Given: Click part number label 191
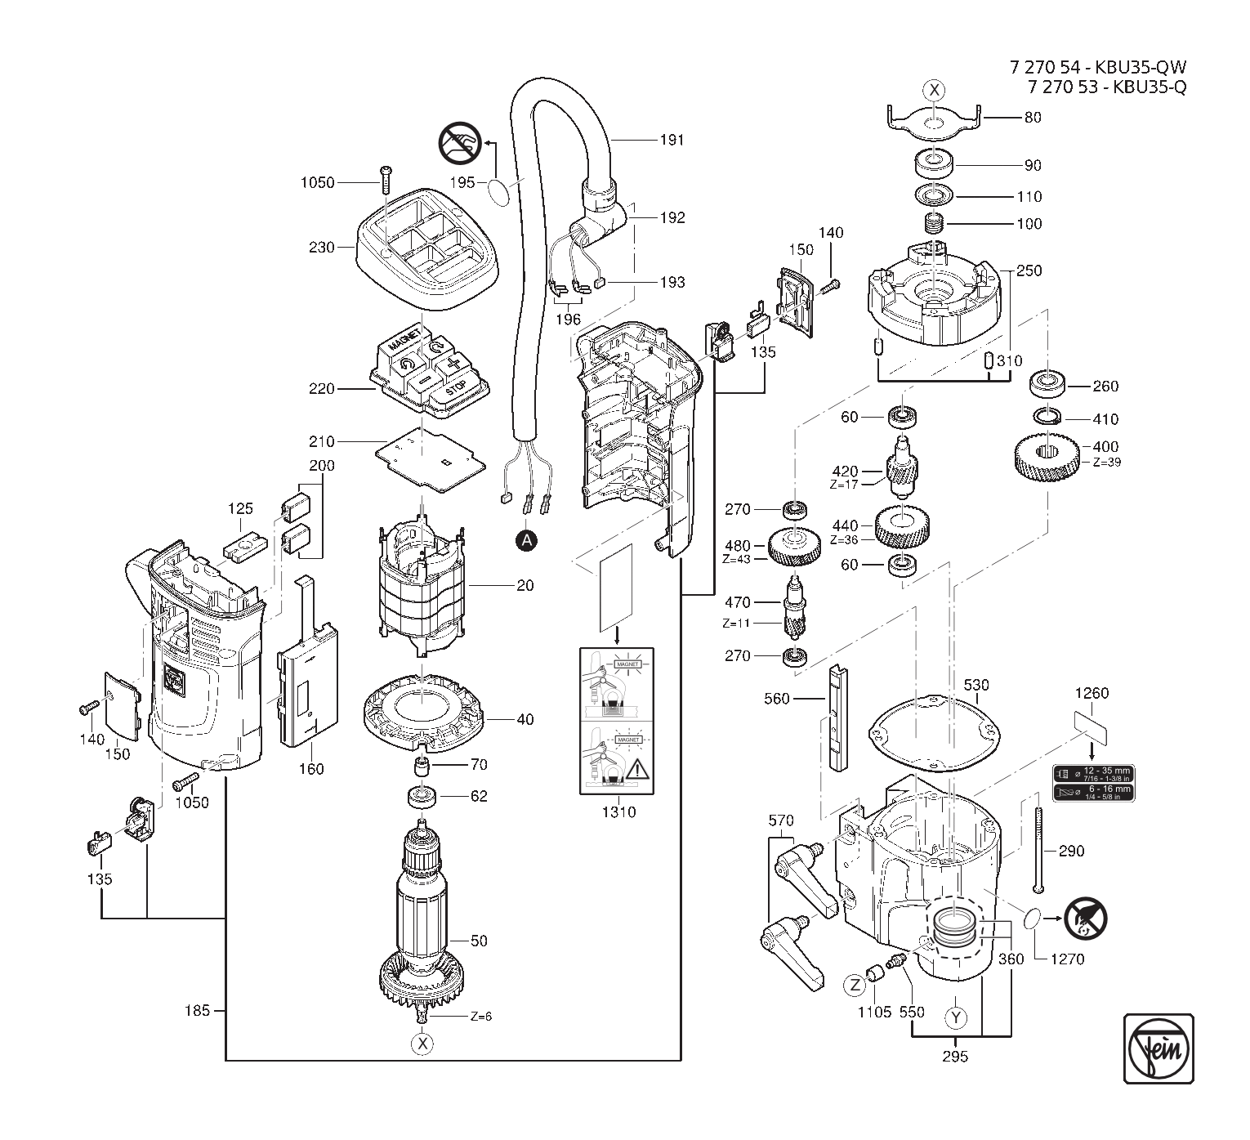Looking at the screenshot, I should [672, 140].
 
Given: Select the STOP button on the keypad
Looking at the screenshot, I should [457, 387].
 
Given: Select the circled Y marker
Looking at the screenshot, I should [955, 1017].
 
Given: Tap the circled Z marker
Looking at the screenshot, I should [855, 986].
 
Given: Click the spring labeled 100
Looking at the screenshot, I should [934, 223].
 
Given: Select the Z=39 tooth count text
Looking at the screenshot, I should [1105, 463].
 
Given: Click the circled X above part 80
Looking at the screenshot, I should [935, 91].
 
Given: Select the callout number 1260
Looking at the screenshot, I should [1092, 693].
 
